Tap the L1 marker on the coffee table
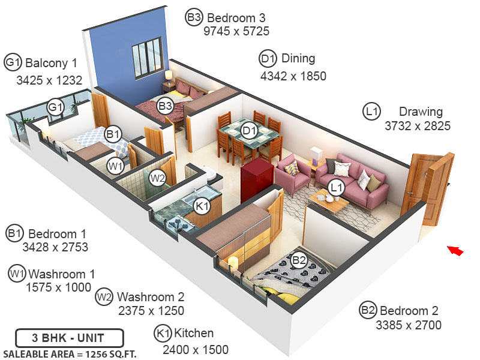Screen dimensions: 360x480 (x=337, y=188)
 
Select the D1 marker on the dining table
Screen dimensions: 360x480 (x=249, y=129)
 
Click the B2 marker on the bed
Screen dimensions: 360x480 (x=299, y=260)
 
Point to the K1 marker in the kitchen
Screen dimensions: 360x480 (x=202, y=206)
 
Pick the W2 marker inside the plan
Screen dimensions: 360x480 (x=157, y=178)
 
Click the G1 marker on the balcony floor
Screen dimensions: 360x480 (x=56, y=107)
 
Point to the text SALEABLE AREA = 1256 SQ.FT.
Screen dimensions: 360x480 (x=70, y=353)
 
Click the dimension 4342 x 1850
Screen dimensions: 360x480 (x=293, y=76)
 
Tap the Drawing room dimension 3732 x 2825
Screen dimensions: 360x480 (x=418, y=126)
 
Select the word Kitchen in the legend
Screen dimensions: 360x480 (x=193, y=334)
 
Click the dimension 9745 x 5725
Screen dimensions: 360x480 (x=236, y=31)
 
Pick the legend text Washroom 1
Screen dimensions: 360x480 (x=61, y=274)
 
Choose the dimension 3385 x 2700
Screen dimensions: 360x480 (x=409, y=326)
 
